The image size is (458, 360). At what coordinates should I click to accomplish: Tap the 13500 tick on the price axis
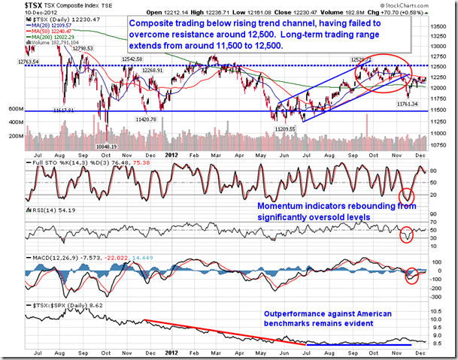[439, 27]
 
